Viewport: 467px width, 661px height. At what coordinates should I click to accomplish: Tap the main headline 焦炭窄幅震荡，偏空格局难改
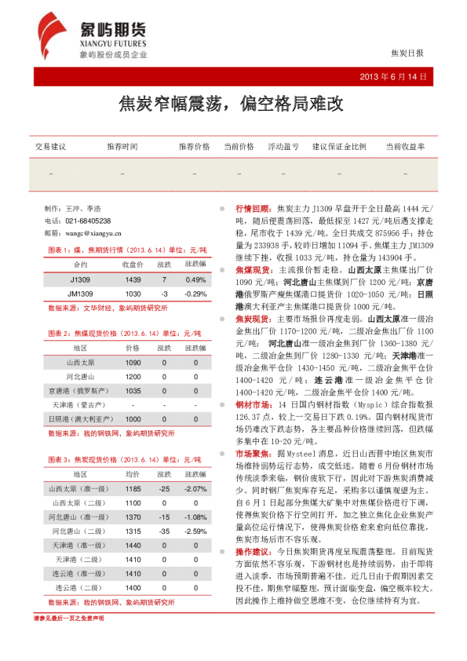pos(233,103)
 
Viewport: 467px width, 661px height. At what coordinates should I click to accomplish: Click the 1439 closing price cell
pos(133,279)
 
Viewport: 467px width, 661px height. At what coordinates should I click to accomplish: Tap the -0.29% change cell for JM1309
pos(195,293)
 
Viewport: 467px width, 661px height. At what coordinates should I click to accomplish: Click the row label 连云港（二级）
pos(81,587)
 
